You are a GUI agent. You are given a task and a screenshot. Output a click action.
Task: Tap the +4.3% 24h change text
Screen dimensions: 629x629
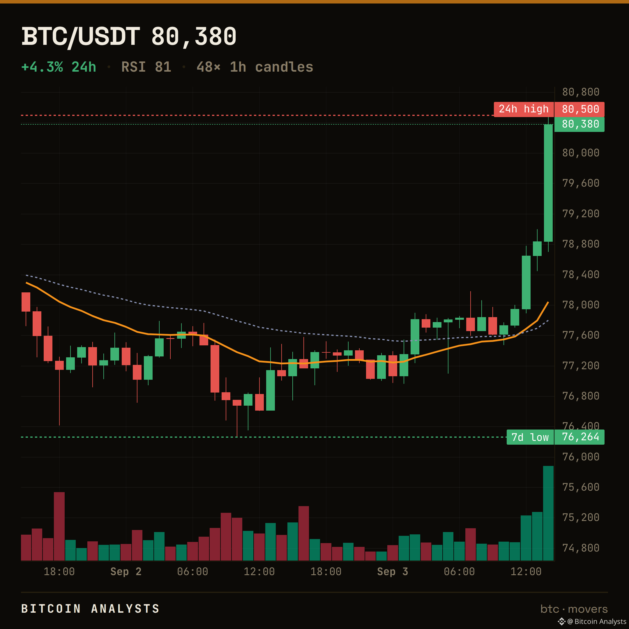(59, 67)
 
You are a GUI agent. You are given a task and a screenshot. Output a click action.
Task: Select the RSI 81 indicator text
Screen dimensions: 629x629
(146, 67)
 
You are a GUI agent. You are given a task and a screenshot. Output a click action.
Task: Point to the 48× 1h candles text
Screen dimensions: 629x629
(255, 67)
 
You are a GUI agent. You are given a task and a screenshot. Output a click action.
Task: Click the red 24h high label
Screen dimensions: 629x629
(524, 109)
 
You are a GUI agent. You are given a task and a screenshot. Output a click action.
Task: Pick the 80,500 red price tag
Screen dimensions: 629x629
(579, 109)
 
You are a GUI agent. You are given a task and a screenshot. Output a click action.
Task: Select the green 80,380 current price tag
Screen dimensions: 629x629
(579, 124)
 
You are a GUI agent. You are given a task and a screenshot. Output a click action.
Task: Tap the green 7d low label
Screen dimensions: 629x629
(530, 437)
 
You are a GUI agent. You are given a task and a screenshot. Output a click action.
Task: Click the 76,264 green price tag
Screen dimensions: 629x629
(579, 437)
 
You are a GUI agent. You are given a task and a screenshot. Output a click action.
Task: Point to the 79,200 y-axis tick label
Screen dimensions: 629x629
(581, 213)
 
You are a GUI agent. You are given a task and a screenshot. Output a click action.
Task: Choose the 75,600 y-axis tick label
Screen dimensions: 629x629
(581, 487)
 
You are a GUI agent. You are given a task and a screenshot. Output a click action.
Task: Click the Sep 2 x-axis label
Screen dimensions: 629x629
(126, 571)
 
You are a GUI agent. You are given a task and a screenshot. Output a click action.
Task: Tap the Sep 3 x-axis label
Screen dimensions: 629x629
(392, 571)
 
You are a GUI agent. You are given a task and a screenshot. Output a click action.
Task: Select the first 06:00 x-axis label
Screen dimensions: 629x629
(192, 571)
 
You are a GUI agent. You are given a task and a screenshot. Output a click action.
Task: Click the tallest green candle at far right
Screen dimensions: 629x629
(548, 183)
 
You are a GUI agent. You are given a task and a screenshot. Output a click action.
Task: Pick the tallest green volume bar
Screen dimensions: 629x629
(548, 513)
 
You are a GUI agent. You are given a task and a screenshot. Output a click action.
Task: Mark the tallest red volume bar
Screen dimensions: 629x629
(59, 526)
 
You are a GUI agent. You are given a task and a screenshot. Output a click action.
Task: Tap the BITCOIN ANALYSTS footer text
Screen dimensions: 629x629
(91, 609)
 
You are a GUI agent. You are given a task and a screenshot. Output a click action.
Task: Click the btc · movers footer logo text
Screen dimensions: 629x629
(574, 609)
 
